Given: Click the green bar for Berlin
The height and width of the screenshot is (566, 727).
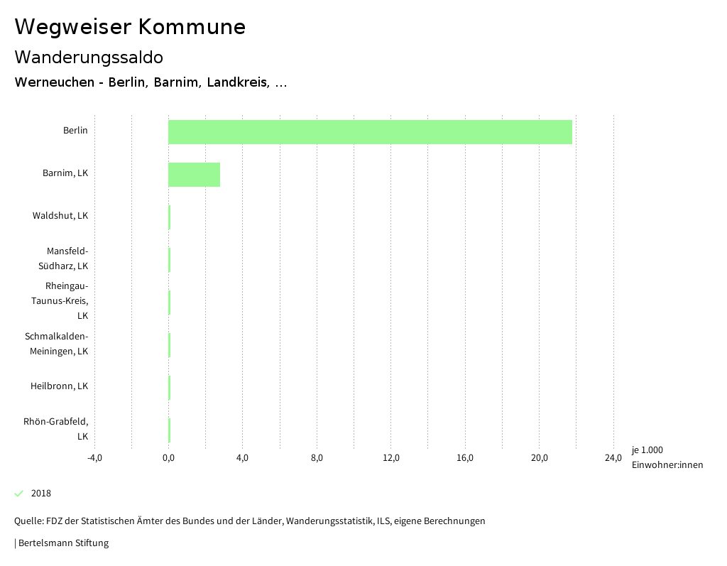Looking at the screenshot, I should [x=370, y=132].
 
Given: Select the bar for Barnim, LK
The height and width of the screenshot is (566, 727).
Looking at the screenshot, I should [x=194, y=175].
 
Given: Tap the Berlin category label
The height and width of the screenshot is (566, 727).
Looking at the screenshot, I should [x=75, y=131].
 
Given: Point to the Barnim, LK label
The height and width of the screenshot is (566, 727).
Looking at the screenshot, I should [x=65, y=173].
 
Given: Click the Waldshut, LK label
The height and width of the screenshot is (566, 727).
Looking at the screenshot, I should [x=60, y=216].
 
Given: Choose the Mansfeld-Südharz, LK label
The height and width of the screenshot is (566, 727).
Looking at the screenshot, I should [x=67, y=258].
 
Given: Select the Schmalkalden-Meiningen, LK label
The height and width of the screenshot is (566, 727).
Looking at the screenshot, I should [x=57, y=344].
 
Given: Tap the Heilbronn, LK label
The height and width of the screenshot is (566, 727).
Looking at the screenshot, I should [x=59, y=386].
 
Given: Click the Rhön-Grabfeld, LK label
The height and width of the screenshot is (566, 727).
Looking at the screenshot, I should [x=56, y=429].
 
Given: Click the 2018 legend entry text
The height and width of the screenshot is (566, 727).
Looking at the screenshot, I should [x=41, y=494].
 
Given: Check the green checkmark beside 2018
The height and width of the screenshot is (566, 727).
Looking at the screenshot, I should [x=19, y=494].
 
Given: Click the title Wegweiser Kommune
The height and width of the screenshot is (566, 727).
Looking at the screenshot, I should [x=130, y=27].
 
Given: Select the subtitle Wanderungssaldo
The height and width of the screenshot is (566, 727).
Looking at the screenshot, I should [x=89, y=57].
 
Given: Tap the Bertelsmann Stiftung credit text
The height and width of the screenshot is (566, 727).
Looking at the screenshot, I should [x=62, y=543].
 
